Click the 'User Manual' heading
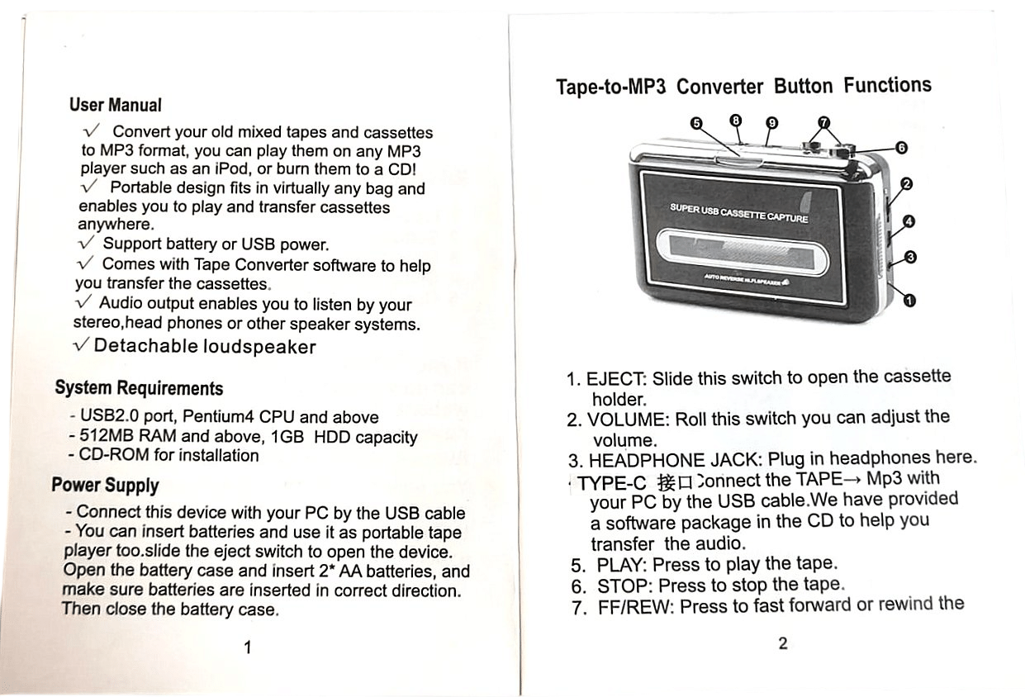(116, 105)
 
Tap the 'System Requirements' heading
(139, 387)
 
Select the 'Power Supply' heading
(105, 485)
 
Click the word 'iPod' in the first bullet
(232, 168)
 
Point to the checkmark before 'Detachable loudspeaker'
(81, 344)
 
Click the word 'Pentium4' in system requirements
(218, 416)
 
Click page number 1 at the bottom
(248, 647)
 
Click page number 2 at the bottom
(783, 643)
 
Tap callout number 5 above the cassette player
(696, 123)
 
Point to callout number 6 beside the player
(901, 148)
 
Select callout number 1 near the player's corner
(909, 301)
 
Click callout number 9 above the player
(772, 123)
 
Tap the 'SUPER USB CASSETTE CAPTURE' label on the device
(739, 213)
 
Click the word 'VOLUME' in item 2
(629, 420)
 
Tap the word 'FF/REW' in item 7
(636, 607)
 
